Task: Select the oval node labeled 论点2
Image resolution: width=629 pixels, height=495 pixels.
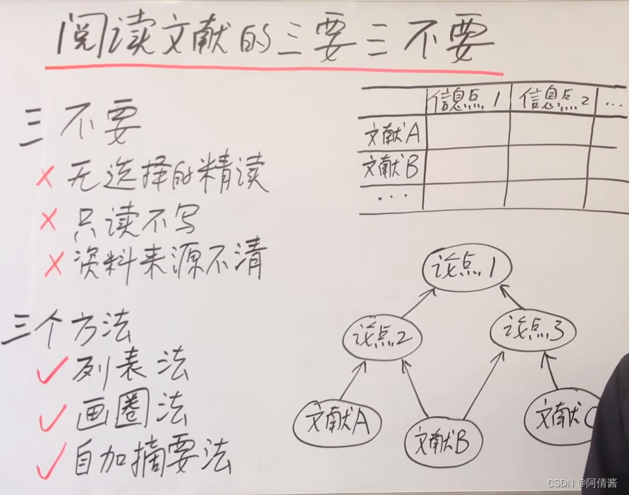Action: [x=381, y=338]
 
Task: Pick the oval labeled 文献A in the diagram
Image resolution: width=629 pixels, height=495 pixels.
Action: [x=338, y=423]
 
